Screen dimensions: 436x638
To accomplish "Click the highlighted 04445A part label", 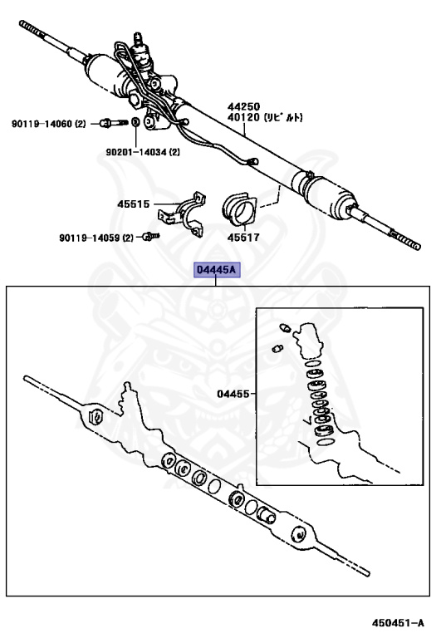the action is [x=217, y=270].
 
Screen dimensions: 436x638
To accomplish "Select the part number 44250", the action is [x=243, y=107].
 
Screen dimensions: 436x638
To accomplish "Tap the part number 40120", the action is [x=243, y=118].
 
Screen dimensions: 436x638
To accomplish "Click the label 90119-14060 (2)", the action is [x=49, y=124].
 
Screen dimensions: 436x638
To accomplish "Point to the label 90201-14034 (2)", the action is [x=143, y=152].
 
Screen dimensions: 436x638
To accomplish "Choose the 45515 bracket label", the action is [x=134, y=204].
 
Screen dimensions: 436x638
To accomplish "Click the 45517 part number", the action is [x=243, y=238].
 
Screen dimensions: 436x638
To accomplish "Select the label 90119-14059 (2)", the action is [x=96, y=238].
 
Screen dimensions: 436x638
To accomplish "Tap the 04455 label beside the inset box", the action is [x=233, y=394].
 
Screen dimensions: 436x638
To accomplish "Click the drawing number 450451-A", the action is [x=398, y=623].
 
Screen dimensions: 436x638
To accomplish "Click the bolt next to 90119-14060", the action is [x=114, y=122].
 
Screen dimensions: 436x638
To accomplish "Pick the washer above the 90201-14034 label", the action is [x=135, y=121].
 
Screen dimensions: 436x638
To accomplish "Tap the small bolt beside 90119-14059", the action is [x=150, y=237].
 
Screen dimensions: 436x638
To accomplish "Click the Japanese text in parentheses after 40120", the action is [x=283, y=118].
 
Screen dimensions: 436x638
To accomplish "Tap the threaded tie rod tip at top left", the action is [x=32, y=29].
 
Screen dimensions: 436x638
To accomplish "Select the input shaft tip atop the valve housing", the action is [x=139, y=39].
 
